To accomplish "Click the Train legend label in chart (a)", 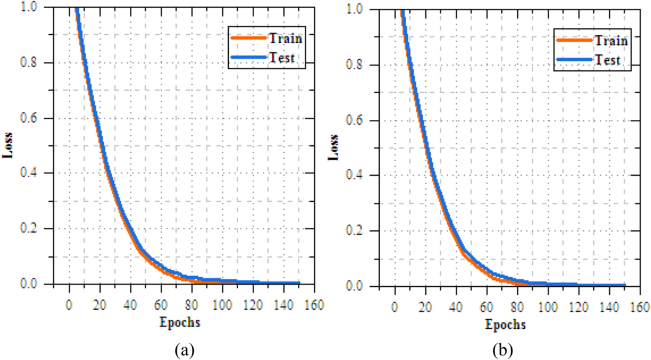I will pos(285,38).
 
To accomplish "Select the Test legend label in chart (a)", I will pos(282,58).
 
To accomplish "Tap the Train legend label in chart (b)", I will pos(611,40).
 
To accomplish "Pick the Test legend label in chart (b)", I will pos(608,60).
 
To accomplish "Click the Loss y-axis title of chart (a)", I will pos(8,145).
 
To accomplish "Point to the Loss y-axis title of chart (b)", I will pos(333,147).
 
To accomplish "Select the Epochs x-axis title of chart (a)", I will pos(180,322).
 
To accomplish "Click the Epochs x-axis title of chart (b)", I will pos(505,324).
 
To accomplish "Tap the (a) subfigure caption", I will pos(184,350).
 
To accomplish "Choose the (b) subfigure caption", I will pos(503,350).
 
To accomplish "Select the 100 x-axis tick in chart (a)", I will pos(222,305).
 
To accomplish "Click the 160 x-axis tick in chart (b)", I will pos(640,307).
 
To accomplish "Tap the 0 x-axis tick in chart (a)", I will pos(69,305).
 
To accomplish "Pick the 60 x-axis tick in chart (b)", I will pos(487,307).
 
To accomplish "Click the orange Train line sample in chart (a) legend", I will pos(249,38).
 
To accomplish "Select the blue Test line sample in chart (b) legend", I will pos(574,60).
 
